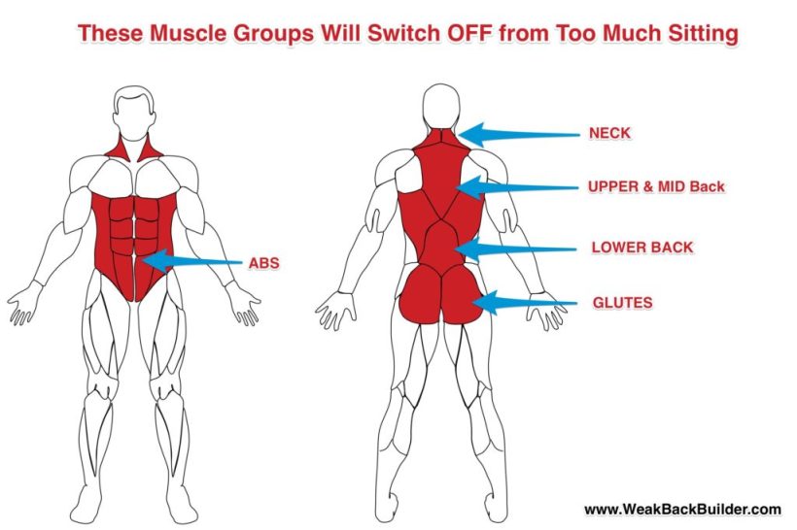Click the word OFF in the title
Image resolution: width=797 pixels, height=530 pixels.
(x=470, y=33)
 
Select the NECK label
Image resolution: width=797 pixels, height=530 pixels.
(x=610, y=133)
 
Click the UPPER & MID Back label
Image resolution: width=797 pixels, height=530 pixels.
(x=656, y=186)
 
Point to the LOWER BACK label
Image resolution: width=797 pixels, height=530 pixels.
(x=641, y=248)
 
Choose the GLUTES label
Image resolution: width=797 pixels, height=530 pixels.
(x=623, y=303)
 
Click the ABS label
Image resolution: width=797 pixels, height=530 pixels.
(x=263, y=263)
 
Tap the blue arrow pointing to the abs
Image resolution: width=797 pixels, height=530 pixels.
(x=192, y=261)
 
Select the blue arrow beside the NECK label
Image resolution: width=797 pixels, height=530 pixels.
(x=518, y=135)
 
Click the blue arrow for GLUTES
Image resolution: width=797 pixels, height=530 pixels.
(x=525, y=304)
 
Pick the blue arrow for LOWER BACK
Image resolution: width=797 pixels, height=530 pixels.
(x=515, y=248)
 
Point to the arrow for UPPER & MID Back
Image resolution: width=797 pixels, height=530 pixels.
(x=517, y=188)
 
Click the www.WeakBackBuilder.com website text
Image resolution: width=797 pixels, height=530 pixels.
(x=682, y=510)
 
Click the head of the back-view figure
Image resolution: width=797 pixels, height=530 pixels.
(x=441, y=107)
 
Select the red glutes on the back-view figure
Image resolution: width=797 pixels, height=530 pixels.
(x=440, y=294)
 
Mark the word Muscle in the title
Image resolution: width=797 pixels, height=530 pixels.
(x=189, y=33)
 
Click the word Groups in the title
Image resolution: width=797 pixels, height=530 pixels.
(x=273, y=34)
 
